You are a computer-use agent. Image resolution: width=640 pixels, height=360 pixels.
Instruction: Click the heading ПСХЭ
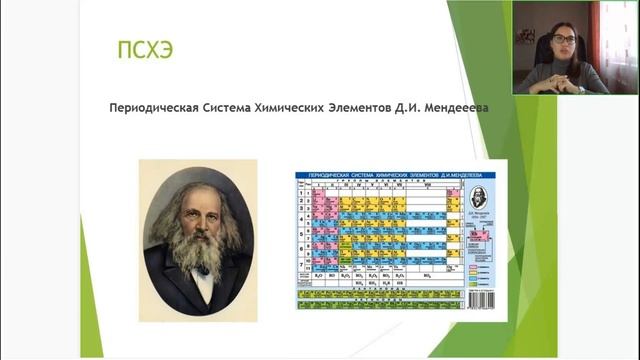[x=146, y=48]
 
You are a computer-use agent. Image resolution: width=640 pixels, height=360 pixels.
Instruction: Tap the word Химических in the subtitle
[x=299, y=105]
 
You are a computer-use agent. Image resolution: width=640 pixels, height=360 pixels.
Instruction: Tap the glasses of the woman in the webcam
[x=564, y=40]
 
